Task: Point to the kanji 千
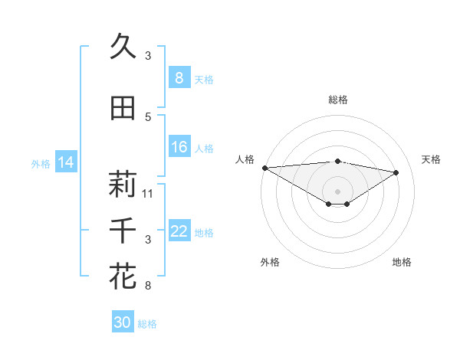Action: (x=123, y=230)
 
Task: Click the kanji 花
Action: (x=123, y=276)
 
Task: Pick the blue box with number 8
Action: (x=179, y=78)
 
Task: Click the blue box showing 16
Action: (x=179, y=148)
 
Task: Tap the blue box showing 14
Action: (x=66, y=162)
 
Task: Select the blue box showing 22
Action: (x=179, y=232)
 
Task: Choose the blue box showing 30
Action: (x=122, y=322)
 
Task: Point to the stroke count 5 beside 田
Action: (x=148, y=117)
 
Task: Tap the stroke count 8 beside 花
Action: (x=148, y=286)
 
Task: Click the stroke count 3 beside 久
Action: (x=148, y=56)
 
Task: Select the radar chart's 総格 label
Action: (x=337, y=100)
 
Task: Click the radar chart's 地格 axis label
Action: (x=402, y=262)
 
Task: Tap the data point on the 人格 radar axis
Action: (x=264, y=167)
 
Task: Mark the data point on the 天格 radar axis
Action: (x=396, y=172)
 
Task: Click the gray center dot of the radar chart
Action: (x=337, y=191)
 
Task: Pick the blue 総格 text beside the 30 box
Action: (x=147, y=324)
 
